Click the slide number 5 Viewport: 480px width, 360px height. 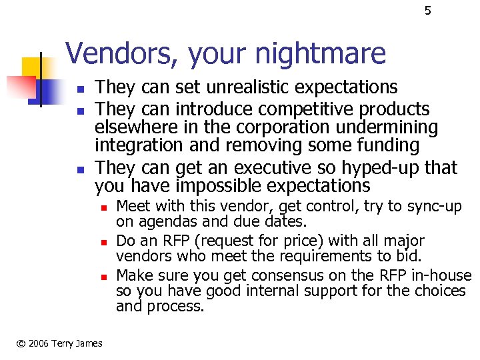pos(428,11)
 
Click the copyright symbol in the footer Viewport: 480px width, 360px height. pos(21,343)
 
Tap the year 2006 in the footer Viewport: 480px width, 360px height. pos(40,343)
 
